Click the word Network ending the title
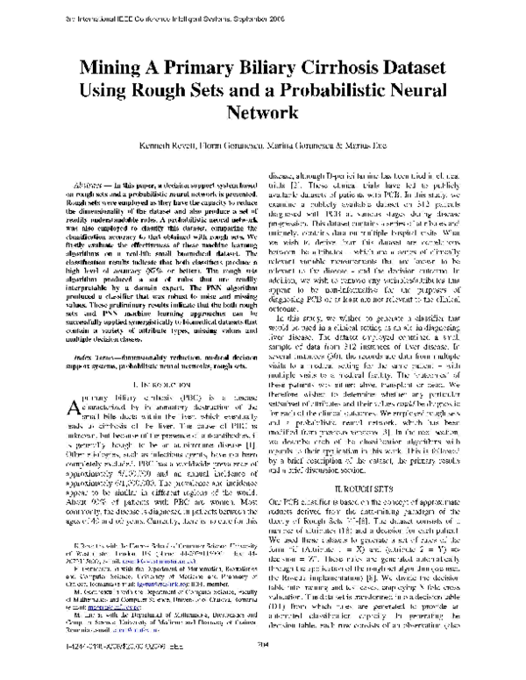(x=263, y=112)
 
